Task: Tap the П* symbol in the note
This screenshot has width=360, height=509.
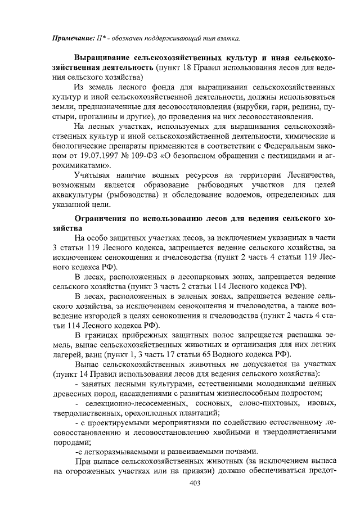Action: tap(105, 38)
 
